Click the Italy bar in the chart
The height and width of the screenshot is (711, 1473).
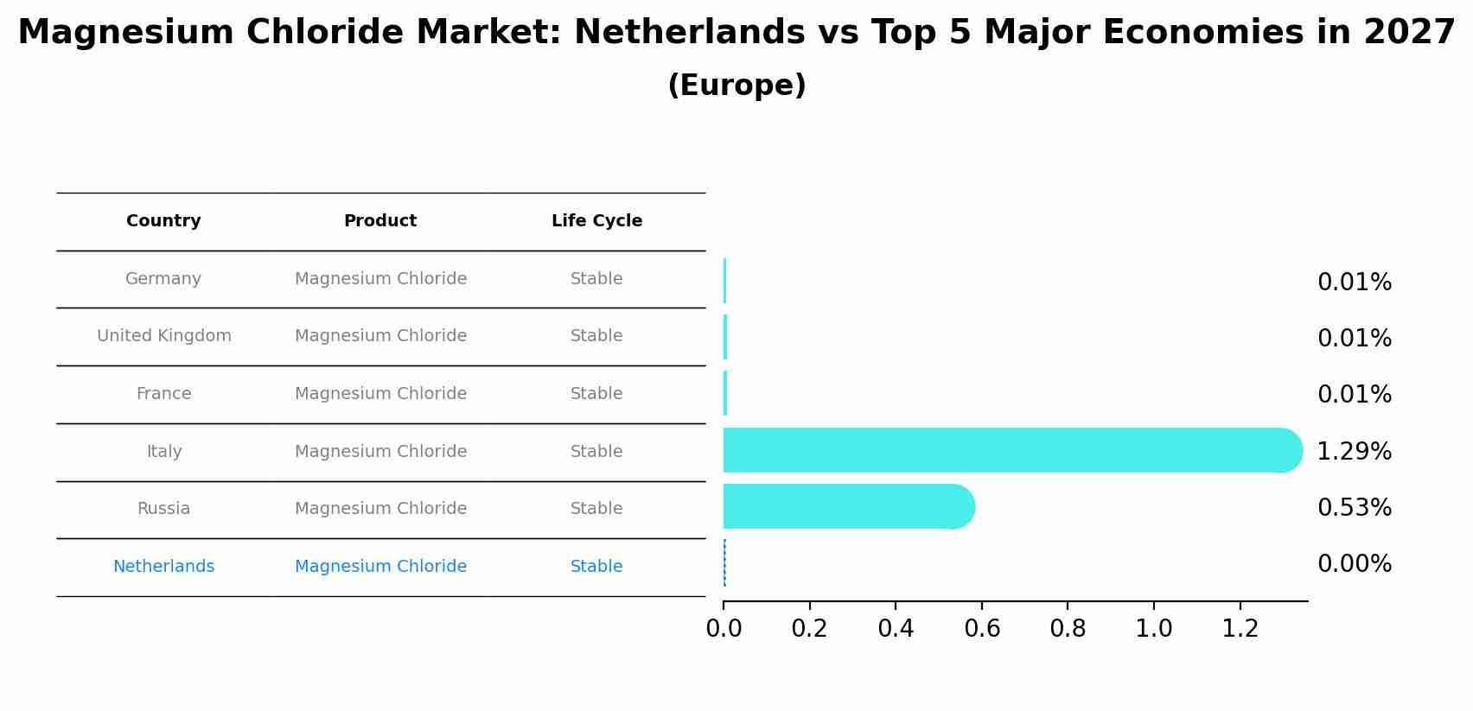coord(1003,450)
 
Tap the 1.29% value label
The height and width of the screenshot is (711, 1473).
coord(1354,451)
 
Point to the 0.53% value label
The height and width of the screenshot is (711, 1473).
coord(1354,507)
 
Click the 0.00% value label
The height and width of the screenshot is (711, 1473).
coord(1354,564)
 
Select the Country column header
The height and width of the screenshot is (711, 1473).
coord(163,221)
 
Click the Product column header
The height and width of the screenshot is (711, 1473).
coord(380,221)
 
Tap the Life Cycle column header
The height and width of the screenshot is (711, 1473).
coord(596,221)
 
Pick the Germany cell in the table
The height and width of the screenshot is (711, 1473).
coord(163,279)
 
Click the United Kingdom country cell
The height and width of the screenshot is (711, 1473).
coord(164,336)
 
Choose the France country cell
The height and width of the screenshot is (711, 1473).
coord(163,394)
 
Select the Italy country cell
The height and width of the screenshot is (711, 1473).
coord(164,452)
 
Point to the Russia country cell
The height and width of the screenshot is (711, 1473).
coord(163,509)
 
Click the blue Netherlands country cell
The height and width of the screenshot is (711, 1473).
coord(163,567)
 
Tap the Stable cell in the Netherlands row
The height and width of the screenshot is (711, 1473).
coord(596,567)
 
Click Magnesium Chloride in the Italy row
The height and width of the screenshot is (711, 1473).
coord(380,452)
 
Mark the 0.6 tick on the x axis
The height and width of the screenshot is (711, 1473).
coord(982,628)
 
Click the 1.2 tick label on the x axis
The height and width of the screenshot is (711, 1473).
coord(1240,628)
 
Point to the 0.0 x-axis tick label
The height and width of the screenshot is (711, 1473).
coord(724,628)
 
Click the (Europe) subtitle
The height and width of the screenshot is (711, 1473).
coord(736,86)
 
